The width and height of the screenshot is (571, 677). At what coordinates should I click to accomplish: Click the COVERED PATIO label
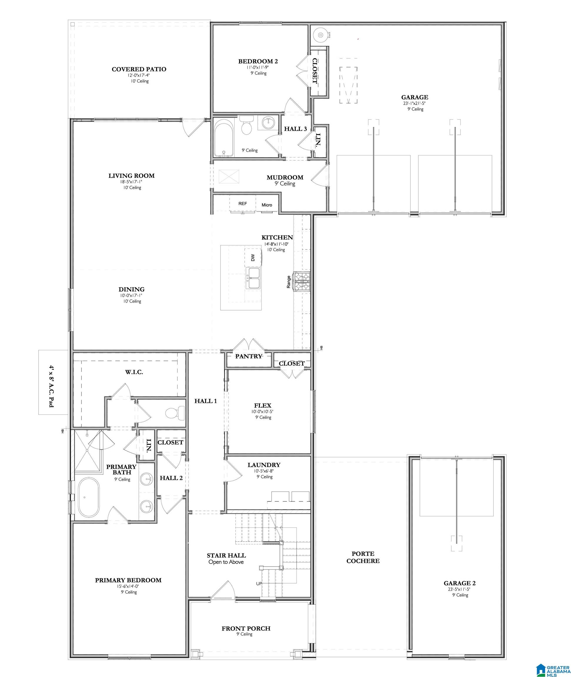click(x=139, y=69)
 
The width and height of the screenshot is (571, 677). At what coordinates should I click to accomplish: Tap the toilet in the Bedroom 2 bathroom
click(x=247, y=126)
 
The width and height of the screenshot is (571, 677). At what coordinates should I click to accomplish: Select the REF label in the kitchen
click(x=243, y=203)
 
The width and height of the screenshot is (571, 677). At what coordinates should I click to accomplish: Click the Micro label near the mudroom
click(x=267, y=205)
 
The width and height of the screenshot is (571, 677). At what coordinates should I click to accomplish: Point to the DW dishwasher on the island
click(x=253, y=257)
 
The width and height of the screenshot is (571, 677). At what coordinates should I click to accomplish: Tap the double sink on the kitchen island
click(x=253, y=278)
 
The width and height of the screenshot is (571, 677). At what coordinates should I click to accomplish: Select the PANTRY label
click(x=248, y=356)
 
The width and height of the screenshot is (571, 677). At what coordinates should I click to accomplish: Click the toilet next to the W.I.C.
click(x=174, y=413)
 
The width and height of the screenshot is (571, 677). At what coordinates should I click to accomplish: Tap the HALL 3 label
click(x=295, y=129)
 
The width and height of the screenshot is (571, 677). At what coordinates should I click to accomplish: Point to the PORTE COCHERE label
click(x=363, y=558)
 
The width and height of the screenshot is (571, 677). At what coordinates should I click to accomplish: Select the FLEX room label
click(x=263, y=405)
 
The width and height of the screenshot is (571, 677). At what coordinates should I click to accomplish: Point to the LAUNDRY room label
click(x=264, y=465)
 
